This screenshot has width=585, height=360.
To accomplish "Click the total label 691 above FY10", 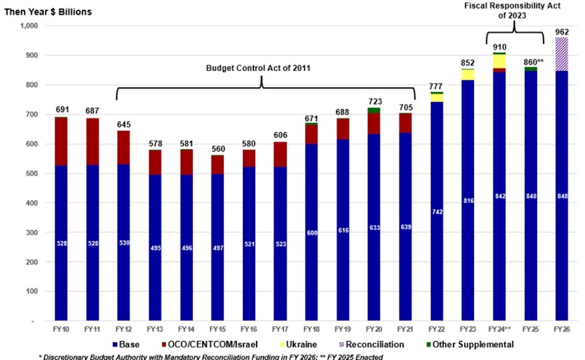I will tap(61, 109).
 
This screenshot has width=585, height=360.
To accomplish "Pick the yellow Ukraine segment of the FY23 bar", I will tap(466, 74).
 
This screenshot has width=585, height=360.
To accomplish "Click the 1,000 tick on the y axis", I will tap(29, 26).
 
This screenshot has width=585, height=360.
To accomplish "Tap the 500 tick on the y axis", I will tap(32, 174).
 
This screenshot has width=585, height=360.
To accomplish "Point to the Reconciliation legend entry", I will tap(374, 344).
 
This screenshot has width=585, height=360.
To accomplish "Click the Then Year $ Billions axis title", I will tap(49, 12).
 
